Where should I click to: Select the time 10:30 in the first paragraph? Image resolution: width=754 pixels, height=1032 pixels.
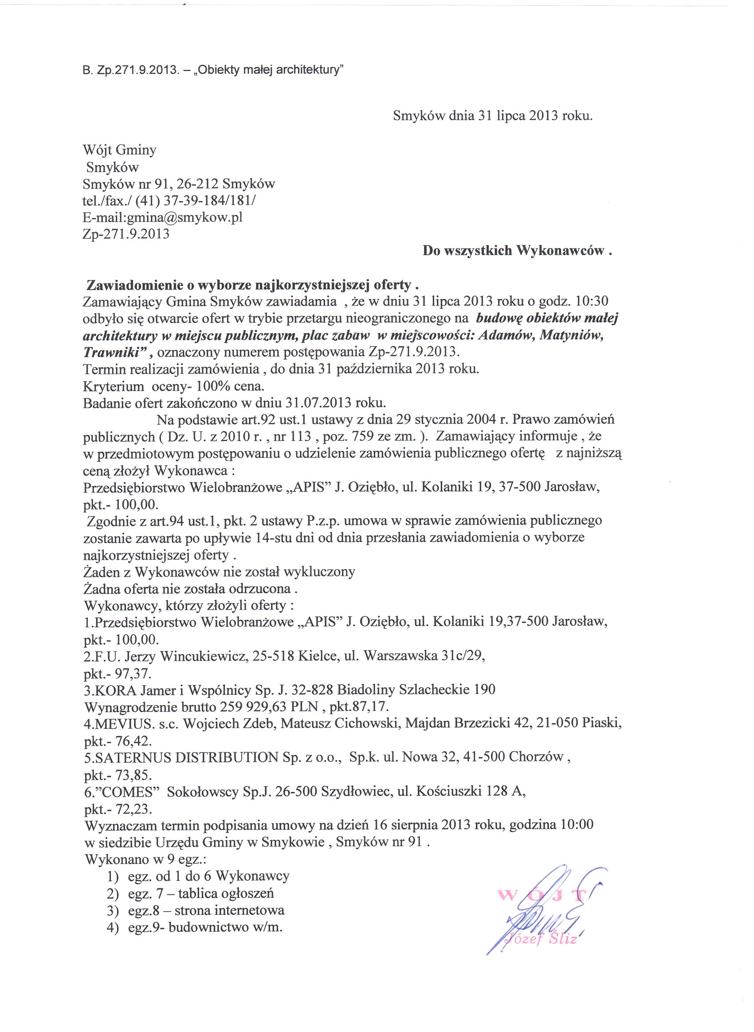point(593,301)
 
